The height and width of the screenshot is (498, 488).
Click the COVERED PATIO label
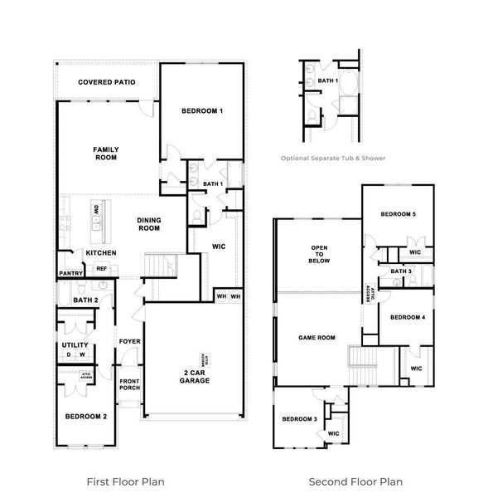[x=106, y=82]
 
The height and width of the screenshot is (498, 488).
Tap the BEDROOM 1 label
[x=201, y=110]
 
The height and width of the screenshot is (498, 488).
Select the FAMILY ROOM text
[x=105, y=153]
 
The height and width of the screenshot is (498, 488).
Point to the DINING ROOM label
[x=149, y=224]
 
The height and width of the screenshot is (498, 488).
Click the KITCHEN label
[x=100, y=252]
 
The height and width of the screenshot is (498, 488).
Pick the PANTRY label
[x=70, y=272]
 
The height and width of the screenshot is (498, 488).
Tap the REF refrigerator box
[x=102, y=268]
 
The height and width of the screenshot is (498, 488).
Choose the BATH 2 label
[x=85, y=300]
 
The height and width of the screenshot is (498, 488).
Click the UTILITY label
[x=75, y=344]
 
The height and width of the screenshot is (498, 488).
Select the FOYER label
[x=129, y=340]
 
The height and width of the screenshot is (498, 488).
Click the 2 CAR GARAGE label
[x=195, y=376]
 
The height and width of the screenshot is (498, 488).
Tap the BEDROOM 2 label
[x=85, y=416]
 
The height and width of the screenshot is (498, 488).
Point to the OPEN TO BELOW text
[x=319, y=254]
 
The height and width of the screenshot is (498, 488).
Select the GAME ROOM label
[x=316, y=337]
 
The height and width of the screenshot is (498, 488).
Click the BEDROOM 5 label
[x=398, y=215]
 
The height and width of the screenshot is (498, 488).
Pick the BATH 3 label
[x=401, y=271]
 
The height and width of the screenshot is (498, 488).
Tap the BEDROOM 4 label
[x=407, y=317]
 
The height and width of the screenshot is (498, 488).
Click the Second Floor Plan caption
[x=355, y=481]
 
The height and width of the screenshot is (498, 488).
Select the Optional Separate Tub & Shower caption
[x=331, y=157]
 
